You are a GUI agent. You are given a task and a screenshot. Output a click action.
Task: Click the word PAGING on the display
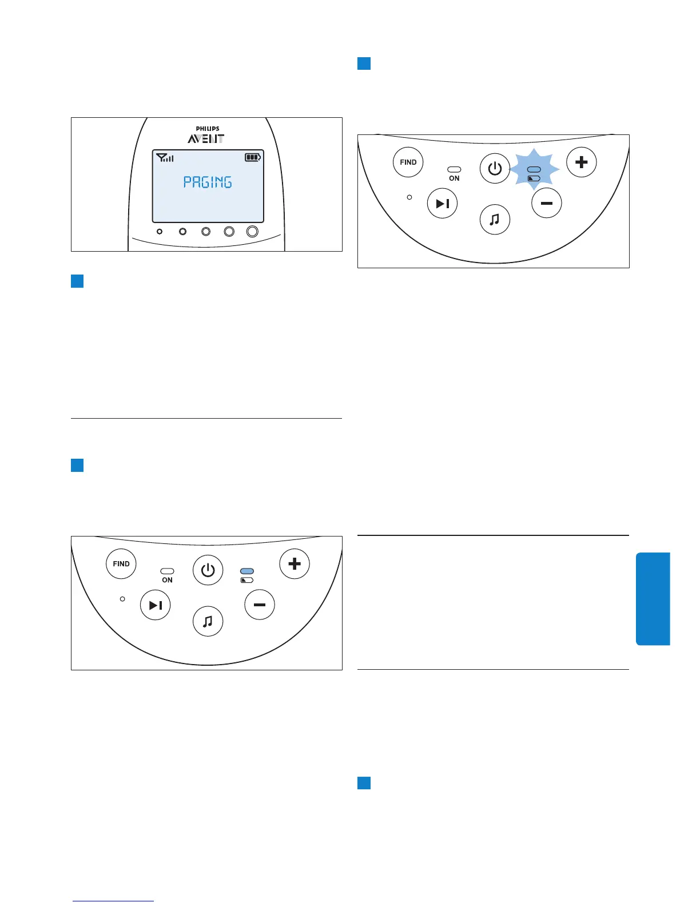coord(208,182)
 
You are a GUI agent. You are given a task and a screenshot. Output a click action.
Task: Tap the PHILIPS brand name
coord(208,129)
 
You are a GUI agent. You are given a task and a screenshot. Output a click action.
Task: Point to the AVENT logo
coord(206,138)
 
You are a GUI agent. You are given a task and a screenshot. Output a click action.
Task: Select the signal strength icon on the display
coord(165,157)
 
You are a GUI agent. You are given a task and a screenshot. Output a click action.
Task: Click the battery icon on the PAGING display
coord(253,157)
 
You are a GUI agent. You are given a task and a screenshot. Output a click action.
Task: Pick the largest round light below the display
coord(252,231)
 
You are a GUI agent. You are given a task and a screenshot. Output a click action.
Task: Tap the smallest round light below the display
coord(160,232)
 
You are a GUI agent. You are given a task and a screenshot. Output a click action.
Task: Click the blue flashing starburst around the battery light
coord(534,169)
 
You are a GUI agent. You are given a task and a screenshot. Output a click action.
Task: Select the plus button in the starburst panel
coord(581,162)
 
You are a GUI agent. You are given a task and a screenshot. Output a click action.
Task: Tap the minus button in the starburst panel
coord(546,203)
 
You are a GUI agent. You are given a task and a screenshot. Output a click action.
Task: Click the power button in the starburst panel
coord(495,168)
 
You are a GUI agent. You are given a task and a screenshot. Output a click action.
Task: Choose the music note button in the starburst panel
coord(495,219)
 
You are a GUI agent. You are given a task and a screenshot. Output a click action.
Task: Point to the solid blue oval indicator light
coord(247,571)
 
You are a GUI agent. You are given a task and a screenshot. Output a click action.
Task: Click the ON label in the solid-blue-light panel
coord(167,580)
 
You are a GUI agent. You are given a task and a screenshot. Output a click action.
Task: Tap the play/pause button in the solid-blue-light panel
coord(156,605)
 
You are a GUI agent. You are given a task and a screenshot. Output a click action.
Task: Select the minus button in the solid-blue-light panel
coord(260,605)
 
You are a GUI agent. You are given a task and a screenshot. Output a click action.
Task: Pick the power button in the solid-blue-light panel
coord(208,570)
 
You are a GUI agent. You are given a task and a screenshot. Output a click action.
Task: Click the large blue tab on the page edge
coord(653,598)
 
